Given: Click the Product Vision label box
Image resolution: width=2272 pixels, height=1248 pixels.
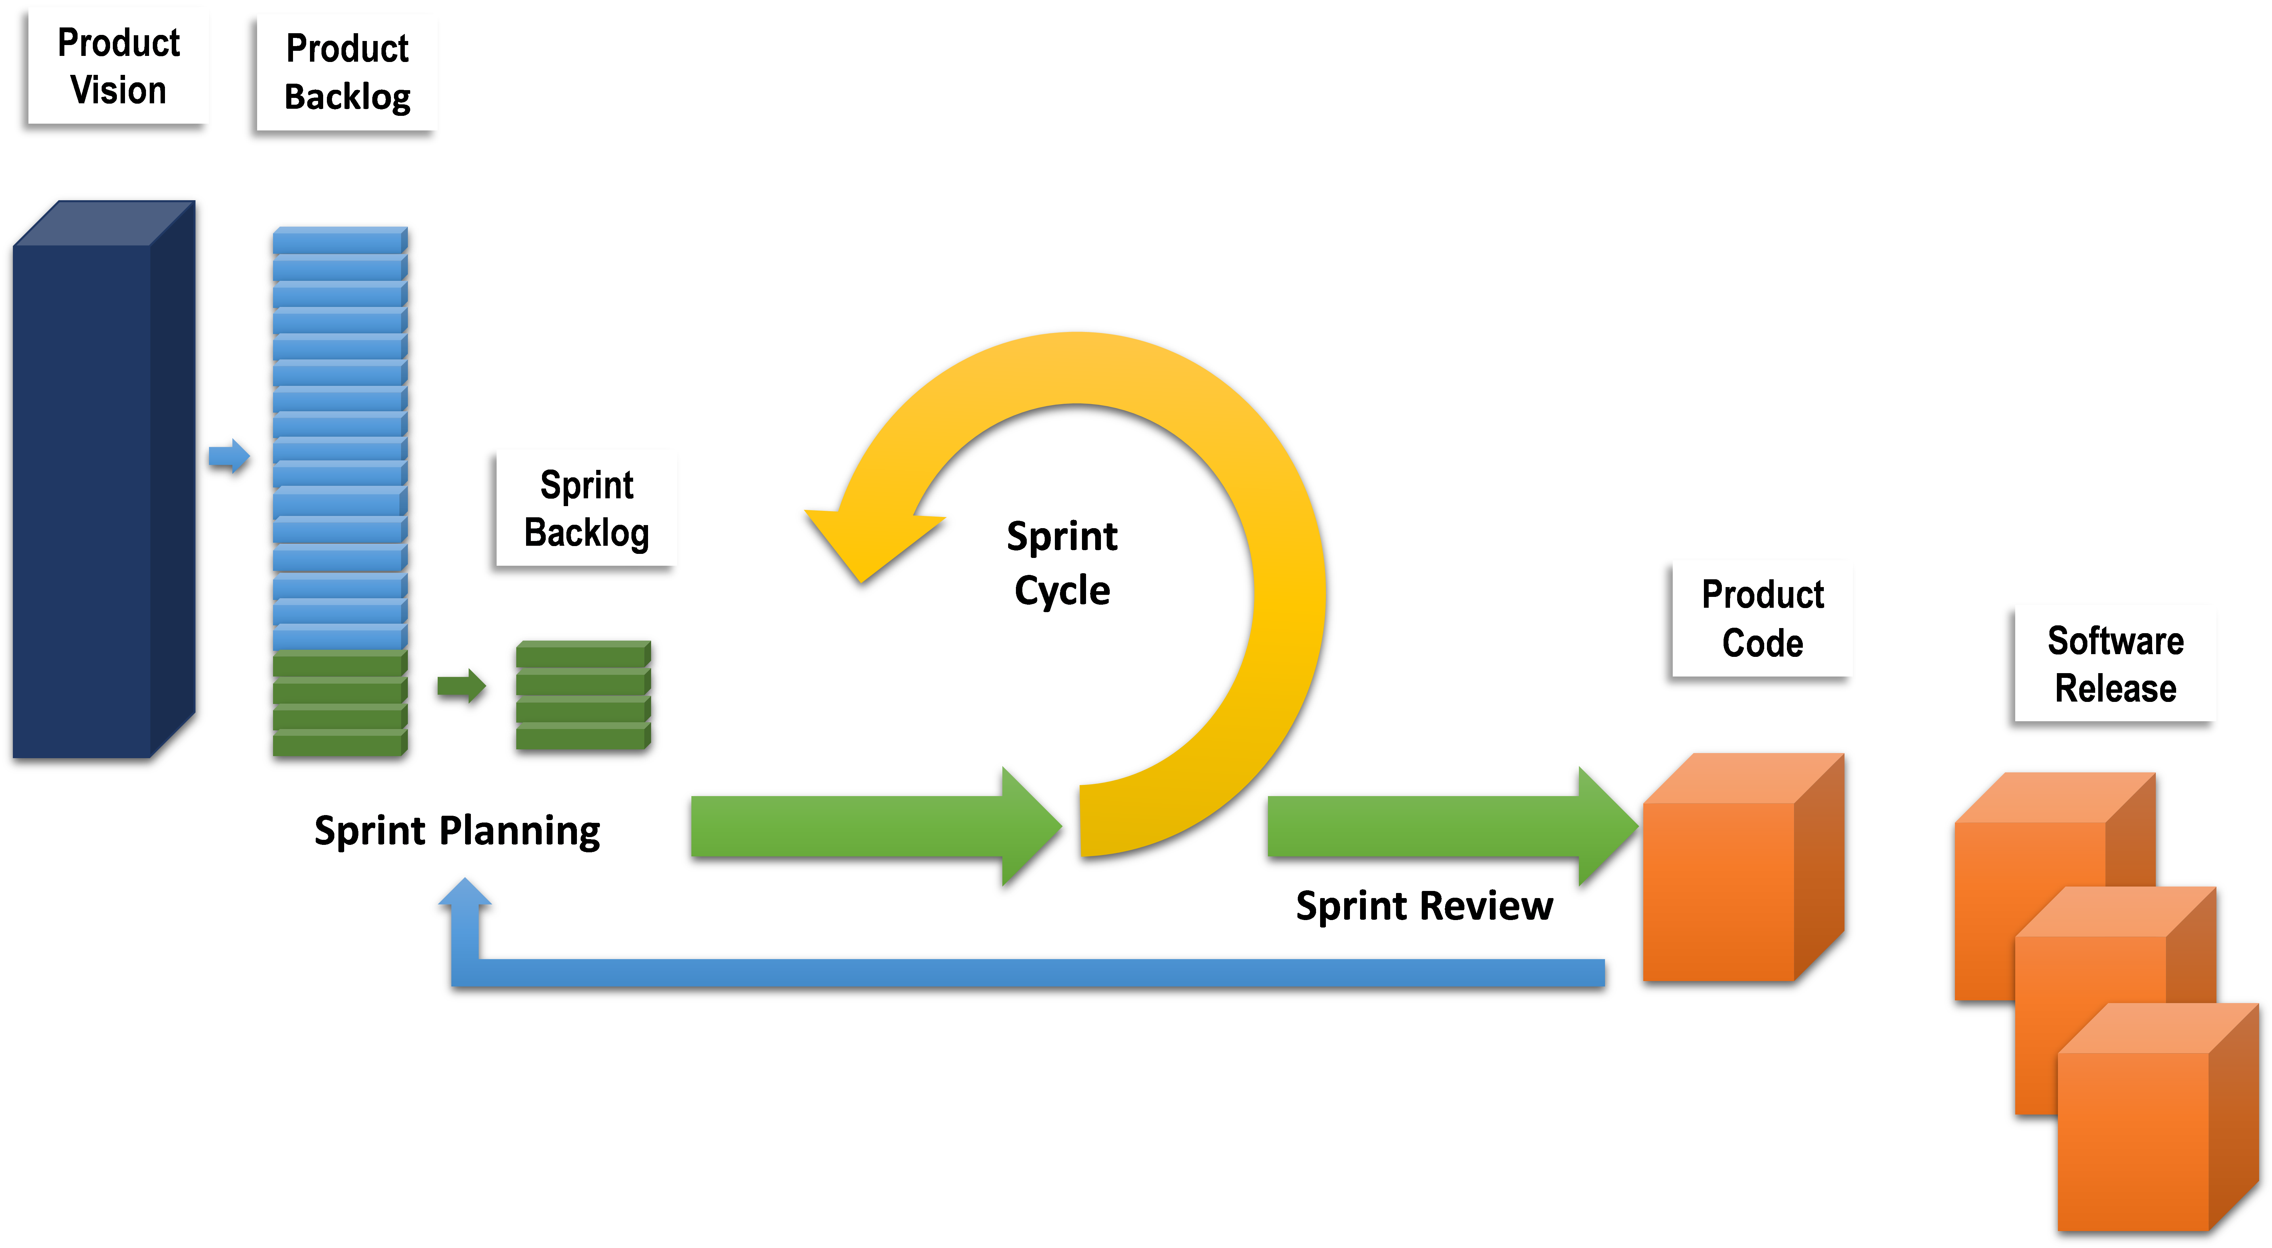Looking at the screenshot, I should [118, 65].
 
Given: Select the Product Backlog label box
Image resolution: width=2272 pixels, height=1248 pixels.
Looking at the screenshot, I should [347, 72].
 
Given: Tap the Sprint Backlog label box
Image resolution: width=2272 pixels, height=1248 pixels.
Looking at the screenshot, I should [586, 507].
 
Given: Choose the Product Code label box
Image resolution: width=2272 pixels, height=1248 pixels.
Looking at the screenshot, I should [1762, 618].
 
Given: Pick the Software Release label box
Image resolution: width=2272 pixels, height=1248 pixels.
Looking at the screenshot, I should [2115, 663].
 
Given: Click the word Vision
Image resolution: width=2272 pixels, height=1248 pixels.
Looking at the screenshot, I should [118, 90].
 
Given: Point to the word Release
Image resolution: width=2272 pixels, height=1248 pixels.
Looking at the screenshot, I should [2115, 688].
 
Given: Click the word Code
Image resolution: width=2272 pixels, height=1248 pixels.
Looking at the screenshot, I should [1762, 643].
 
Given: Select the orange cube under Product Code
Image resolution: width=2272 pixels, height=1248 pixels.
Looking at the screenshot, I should [1720, 891].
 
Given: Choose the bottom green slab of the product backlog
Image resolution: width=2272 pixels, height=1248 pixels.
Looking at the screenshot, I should [339, 744].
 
